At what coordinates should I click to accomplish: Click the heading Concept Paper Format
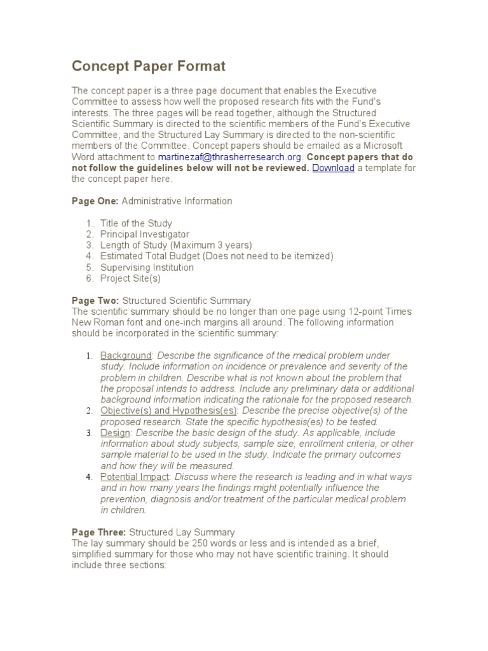click(148, 66)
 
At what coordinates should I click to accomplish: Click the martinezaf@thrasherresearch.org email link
click(231, 157)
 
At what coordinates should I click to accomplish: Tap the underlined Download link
click(333, 168)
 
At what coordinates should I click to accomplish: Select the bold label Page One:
click(95, 201)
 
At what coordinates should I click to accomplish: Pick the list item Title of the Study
click(136, 223)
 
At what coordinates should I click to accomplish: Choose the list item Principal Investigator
click(145, 234)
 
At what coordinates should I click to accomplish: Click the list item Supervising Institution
click(147, 267)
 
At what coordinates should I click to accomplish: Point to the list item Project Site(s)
click(130, 278)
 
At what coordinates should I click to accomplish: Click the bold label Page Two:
click(95, 300)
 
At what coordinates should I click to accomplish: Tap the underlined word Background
click(126, 355)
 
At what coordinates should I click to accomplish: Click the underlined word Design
click(115, 433)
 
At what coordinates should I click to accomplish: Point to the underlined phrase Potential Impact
click(135, 477)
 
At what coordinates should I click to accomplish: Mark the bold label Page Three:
click(98, 532)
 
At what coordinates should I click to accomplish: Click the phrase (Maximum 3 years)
click(212, 245)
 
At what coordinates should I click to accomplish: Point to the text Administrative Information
click(177, 201)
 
